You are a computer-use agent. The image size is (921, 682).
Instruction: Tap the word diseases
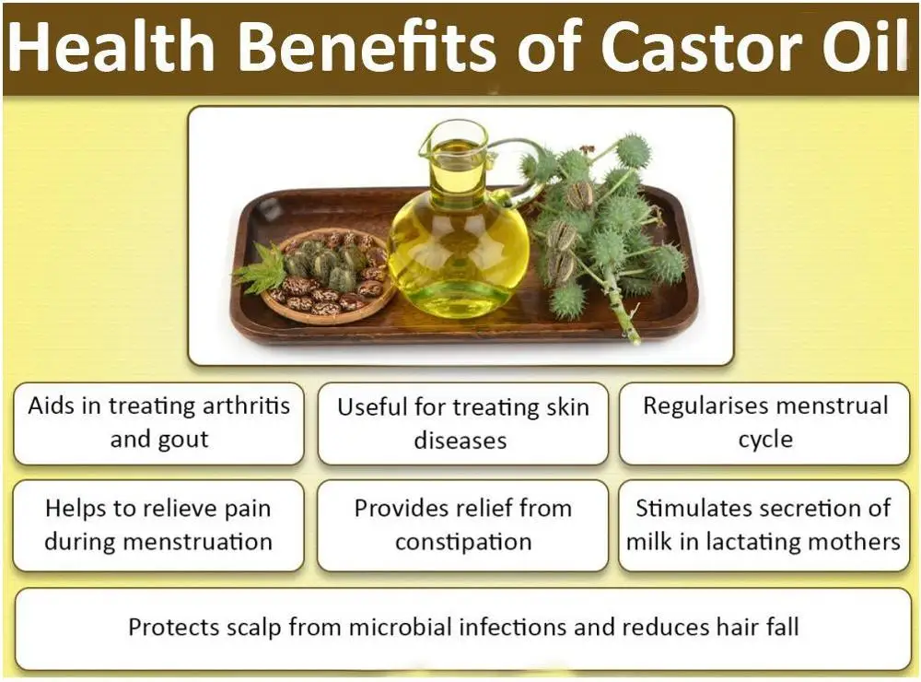tap(460, 440)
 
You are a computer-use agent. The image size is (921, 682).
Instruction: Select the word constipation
tap(463, 542)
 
